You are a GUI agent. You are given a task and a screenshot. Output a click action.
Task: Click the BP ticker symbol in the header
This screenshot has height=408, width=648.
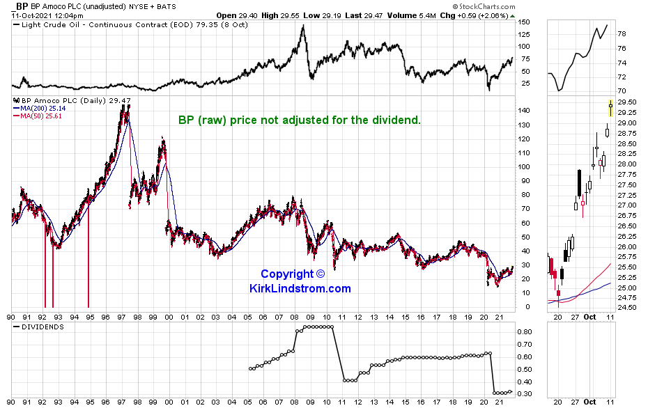tap(22, 6)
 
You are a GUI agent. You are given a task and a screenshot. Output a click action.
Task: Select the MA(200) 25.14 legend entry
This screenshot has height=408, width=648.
tap(38, 109)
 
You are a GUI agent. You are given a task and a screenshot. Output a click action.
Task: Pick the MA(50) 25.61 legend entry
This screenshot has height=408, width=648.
tap(36, 116)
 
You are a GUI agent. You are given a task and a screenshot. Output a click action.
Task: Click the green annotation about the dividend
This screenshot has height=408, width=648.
tap(300, 120)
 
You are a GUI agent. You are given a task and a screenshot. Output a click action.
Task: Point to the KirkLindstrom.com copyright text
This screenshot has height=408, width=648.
tap(300, 281)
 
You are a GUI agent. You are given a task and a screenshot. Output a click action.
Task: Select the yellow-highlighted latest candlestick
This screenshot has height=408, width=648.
tap(611, 109)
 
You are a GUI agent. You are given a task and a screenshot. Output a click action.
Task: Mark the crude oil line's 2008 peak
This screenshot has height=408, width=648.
tap(302, 26)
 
